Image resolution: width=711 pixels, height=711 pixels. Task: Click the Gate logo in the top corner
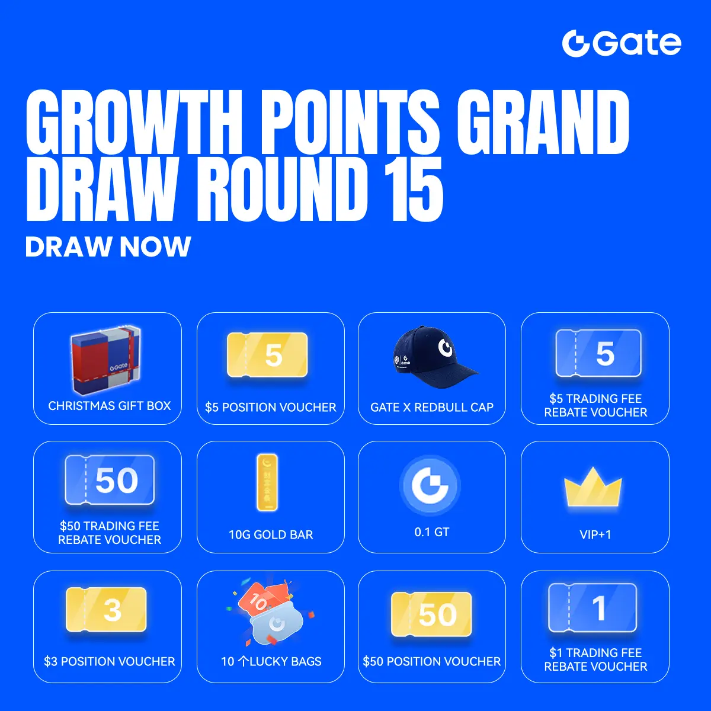(x=622, y=43)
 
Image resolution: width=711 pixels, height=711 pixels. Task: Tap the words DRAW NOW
(x=108, y=246)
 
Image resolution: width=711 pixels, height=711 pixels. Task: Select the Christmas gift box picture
(x=106, y=360)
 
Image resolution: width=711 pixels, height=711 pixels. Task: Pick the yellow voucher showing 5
(x=267, y=354)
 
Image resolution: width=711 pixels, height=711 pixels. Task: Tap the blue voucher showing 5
(x=598, y=353)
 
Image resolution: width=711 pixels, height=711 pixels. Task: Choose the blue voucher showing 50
(x=110, y=480)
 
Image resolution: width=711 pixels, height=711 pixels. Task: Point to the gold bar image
(x=267, y=482)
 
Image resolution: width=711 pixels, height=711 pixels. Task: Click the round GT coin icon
(x=430, y=485)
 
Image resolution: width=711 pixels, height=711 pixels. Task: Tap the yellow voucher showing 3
(x=106, y=609)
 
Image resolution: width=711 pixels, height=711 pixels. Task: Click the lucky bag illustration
(x=271, y=614)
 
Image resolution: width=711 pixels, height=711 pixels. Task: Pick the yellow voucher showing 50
(x=431, y=614)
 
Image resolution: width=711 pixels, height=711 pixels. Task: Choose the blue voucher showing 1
(x=592, y=607)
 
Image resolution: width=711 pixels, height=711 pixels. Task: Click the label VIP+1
(x=595, y=534)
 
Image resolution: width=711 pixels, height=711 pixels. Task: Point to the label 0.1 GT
(x=432, y=532)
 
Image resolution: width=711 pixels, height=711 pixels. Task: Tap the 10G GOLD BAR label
(x=271, y=534)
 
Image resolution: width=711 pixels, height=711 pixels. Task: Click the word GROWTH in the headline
(x=134, y=122)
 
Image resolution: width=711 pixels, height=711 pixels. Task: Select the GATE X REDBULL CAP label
(x=432, y=407)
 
